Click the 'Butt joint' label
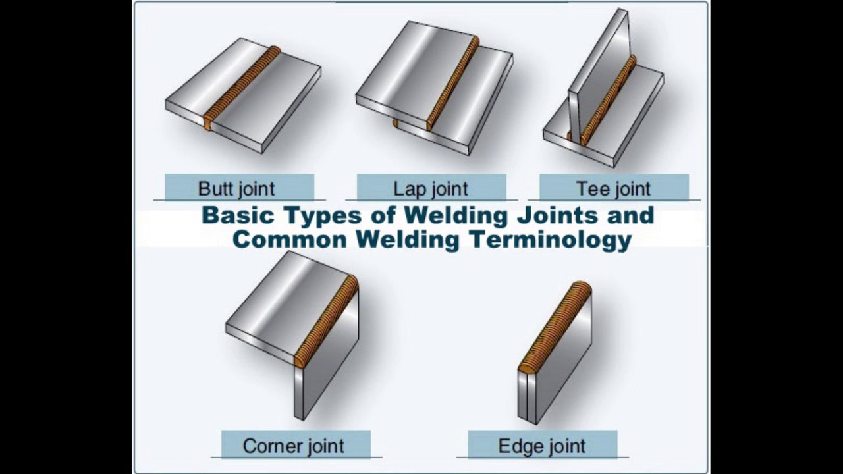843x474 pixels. (x=236, y=188)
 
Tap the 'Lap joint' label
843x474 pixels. (x=431, y=188)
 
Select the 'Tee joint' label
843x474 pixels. (x=614, y=188)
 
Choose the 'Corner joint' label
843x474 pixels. (x=294, y=446)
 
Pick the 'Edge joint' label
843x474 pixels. (x=542, y=446)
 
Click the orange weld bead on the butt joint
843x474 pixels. (x=242, y=88)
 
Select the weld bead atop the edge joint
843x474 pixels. (x=555, y=326)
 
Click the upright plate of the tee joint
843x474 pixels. (x=599, y=72)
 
